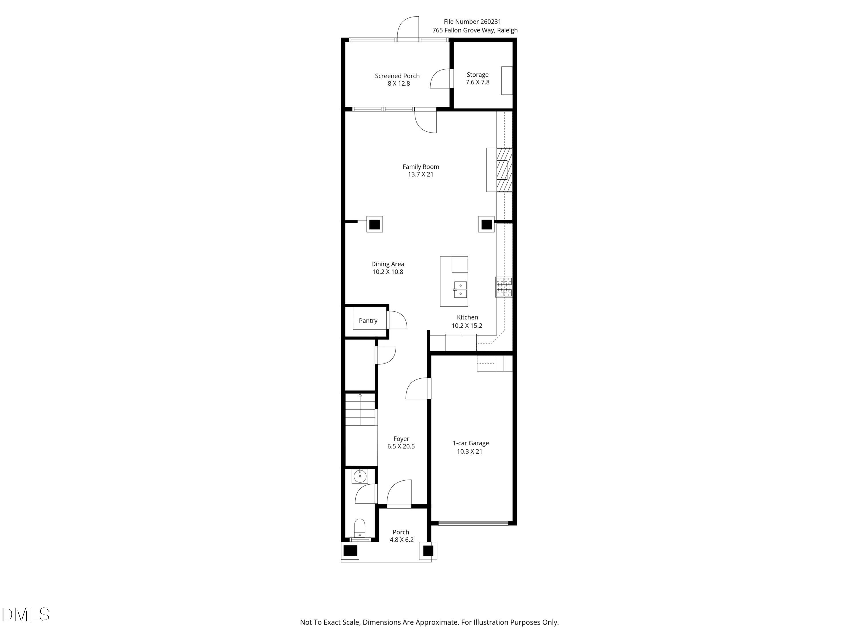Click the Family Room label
(421, 167)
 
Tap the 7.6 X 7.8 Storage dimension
(477, 82)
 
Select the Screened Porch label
(397, 76)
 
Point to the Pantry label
(368, 321)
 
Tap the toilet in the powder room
(360, 528)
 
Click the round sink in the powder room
(360, 476)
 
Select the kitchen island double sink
(460, 290)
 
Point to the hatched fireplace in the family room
(504, 170)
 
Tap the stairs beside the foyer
(360, 410)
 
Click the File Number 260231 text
(472, 22)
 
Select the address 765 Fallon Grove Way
(474, 30)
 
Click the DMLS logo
(26, 615)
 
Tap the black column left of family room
(374, 224)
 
